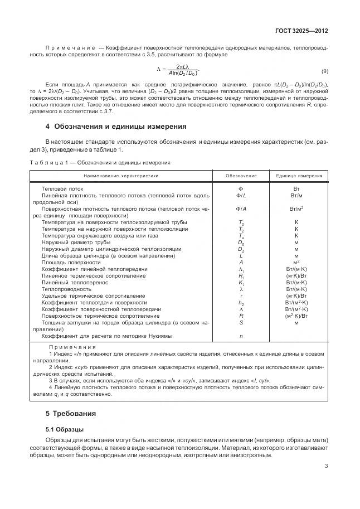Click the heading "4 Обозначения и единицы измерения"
pos(115,127)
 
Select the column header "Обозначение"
pos(241,176)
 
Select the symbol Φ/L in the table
pos(241,196)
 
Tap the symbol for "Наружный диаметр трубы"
pos(241,243)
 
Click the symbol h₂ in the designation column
pos(241,302)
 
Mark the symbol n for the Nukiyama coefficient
pos(241,336)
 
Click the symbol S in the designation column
pos(241,322)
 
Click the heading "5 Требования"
pos(71,414)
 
